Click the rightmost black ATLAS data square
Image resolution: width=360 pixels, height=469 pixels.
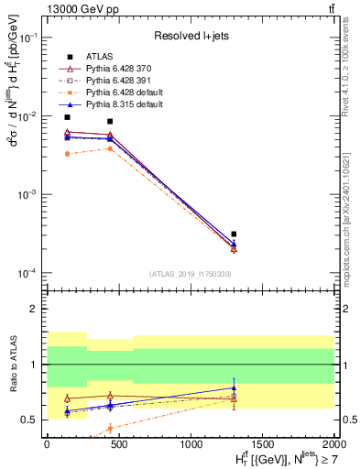pos(234,234)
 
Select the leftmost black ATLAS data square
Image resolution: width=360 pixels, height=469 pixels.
pos(67,117)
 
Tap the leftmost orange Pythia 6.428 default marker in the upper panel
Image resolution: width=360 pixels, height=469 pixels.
pos(67,154)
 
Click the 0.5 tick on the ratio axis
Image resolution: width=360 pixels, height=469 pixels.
pos(31,420)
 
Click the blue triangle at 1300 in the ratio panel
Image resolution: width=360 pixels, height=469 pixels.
pos(234,387)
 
